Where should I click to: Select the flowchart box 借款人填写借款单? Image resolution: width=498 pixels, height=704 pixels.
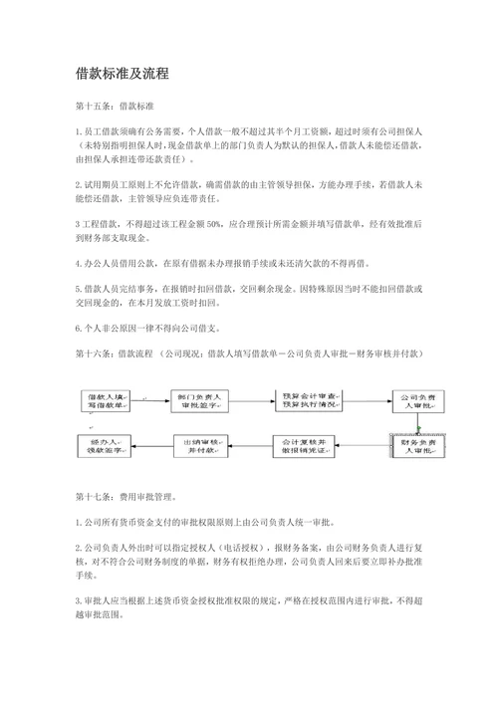[108, 400]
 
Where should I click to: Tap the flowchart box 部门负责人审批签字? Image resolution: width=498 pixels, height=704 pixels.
[197, 400]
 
